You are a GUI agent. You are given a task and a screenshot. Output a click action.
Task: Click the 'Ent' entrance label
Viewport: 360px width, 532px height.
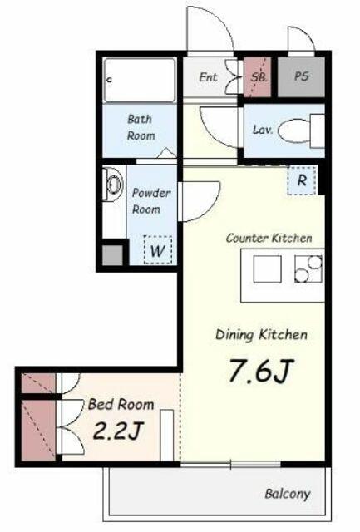pyautogui.click(x=208, y=77)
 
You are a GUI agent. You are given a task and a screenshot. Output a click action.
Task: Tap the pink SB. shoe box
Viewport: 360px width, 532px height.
pyautogui.click(x=258, y=77)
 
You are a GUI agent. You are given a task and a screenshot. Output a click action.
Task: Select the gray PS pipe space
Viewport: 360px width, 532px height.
pyautogui.click(x=301, y=77)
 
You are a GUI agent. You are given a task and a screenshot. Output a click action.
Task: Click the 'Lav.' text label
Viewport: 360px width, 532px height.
pyautogui.click(x=263, y=130)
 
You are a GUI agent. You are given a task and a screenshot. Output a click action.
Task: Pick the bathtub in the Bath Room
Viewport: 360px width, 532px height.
pyautogui.click(x=140, y=81)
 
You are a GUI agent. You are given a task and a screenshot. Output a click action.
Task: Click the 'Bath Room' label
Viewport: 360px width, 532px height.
pyautogui.click(x=141, y=127)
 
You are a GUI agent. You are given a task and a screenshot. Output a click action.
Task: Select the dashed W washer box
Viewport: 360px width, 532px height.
pyautogui.click(x=158, y=250)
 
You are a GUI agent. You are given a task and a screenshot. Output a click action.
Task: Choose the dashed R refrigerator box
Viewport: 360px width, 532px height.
pyautogui.click(x=302, y=180)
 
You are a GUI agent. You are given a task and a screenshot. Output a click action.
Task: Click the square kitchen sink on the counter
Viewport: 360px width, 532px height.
pyautogui.click(x=268, y=269)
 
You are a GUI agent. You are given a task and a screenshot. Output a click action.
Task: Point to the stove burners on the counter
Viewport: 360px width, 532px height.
pyautogui.click(x=308, y=269)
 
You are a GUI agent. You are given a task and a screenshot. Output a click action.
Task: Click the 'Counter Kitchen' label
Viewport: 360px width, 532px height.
pyautogui.click(x=269, y=239)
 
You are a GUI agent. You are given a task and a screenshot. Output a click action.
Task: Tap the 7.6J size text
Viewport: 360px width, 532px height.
pyautogui.click(x=260, y=371)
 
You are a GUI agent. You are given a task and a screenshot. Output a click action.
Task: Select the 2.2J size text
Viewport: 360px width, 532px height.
pyautogui.click(x=118, y=431)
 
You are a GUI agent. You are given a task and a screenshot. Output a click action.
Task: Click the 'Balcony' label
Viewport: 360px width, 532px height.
pyautogui.click(x=288, y=494)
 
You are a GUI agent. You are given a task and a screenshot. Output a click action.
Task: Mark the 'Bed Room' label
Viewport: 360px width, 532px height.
pyautogui.click(x=121, y=405)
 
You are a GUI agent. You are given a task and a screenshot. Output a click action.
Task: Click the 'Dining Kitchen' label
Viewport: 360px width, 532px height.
pyautogui.click(x=262, y=335)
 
